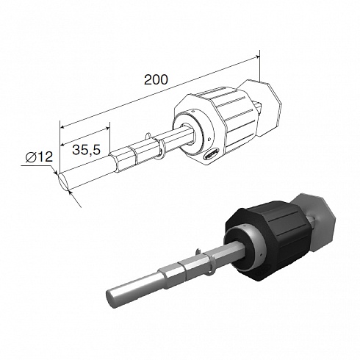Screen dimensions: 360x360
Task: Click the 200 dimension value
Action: click(156, 79)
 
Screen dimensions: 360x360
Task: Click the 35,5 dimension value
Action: click(87, 149)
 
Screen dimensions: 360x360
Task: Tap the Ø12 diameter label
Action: click(39, 156)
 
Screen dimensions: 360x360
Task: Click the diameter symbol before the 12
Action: click(31, 157)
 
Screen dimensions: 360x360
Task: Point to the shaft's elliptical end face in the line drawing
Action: click(63, 181)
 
